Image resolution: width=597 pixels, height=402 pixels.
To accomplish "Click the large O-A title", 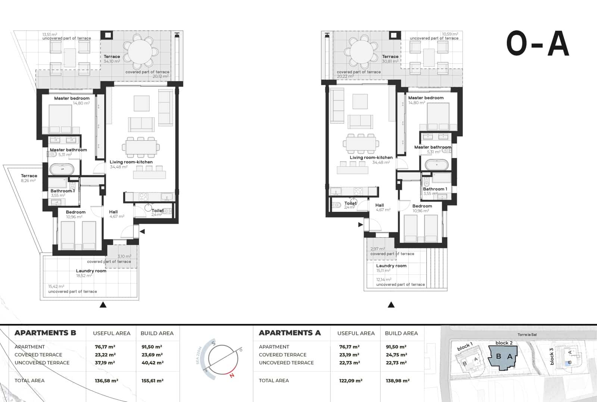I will (x=537, y=44).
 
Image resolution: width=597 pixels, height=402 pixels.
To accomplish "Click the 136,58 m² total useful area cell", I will (x=106, y=381).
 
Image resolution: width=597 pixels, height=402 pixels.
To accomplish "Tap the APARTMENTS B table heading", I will (x=45, y=333).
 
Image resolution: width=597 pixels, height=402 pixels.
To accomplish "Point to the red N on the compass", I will (x=232, y=375).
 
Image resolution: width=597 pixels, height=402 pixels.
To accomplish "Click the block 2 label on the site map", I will (x=504, y=343).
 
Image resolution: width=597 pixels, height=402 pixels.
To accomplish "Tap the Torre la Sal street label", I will (x=527, y=335).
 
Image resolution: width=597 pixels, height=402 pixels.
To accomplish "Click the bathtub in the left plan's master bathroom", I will (x=62, y=169).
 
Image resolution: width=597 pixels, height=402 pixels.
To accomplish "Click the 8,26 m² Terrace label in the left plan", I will (x=29, y=178).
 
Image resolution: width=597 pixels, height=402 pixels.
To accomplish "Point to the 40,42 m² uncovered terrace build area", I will (x=152, y=363).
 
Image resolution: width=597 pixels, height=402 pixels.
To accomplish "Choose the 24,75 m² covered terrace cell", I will (x=396, y=355).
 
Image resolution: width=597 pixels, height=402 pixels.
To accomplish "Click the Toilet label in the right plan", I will (x=350, y=203).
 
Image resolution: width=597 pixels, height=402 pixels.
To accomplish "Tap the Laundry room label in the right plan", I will (x=391, y=266).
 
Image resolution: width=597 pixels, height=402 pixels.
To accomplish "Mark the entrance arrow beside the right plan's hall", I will (x=360, y=225).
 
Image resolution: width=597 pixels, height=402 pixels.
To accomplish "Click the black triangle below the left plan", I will (x=103, y=305).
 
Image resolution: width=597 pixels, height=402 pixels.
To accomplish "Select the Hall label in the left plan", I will (x=113, y=212).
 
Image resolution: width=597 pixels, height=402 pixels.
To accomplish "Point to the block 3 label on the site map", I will (x=551, y=356).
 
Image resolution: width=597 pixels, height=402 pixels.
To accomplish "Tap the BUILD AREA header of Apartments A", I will (x=401, y=333).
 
